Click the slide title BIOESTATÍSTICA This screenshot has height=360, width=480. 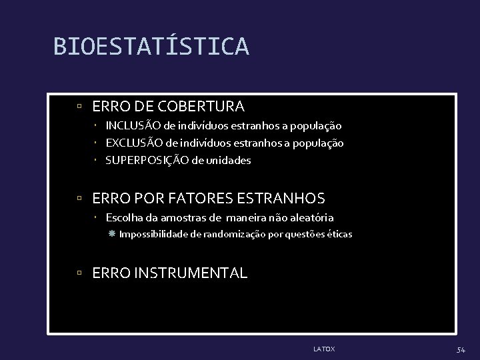point(151,47)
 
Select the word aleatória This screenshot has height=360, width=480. point(312,217)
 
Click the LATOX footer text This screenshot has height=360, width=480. point(324,348)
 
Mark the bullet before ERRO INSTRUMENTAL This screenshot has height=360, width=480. point(79,273)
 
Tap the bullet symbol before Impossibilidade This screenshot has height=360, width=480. point(112,234)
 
